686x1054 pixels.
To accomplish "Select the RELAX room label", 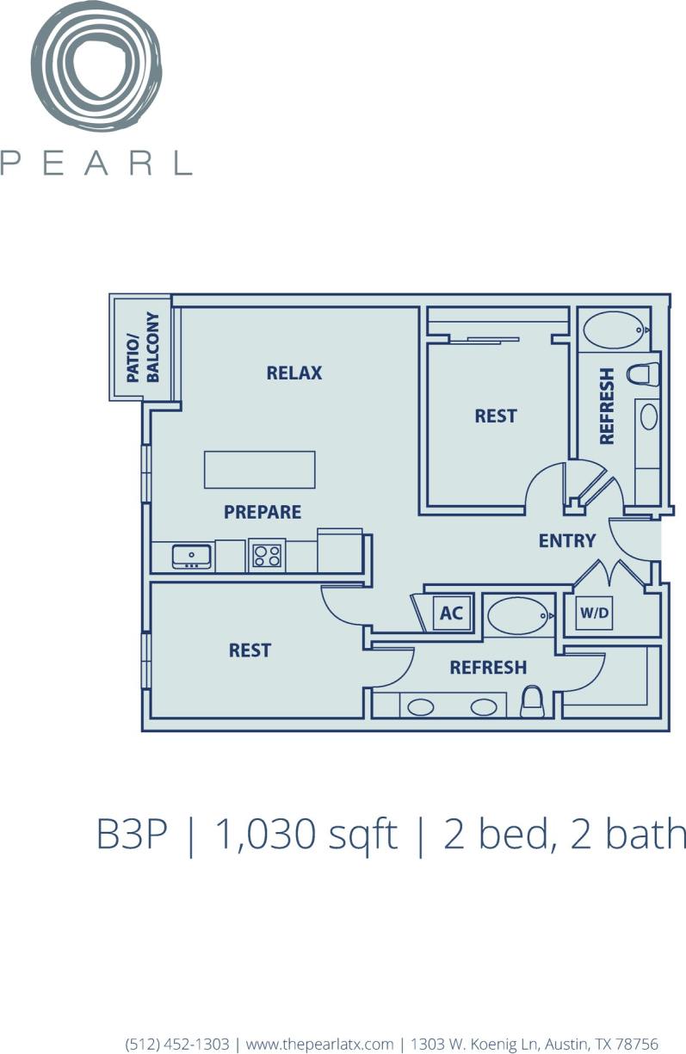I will click(294, 373).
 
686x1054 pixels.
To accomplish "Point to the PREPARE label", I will click(263, 512).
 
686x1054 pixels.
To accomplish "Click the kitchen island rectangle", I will click(259, 470).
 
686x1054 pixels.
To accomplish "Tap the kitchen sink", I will click(192, 557).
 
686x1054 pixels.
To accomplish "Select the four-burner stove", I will click(267, 555).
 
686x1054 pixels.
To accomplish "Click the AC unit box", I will click(451, 613).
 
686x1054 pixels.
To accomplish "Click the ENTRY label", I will click(567, 540).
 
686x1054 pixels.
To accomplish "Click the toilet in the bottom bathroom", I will click(533, 702).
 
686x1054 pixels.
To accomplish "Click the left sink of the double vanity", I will click(421, 707).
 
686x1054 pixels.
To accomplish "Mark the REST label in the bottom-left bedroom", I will click(250, 650).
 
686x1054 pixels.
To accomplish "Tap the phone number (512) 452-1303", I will click(177, 1044).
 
